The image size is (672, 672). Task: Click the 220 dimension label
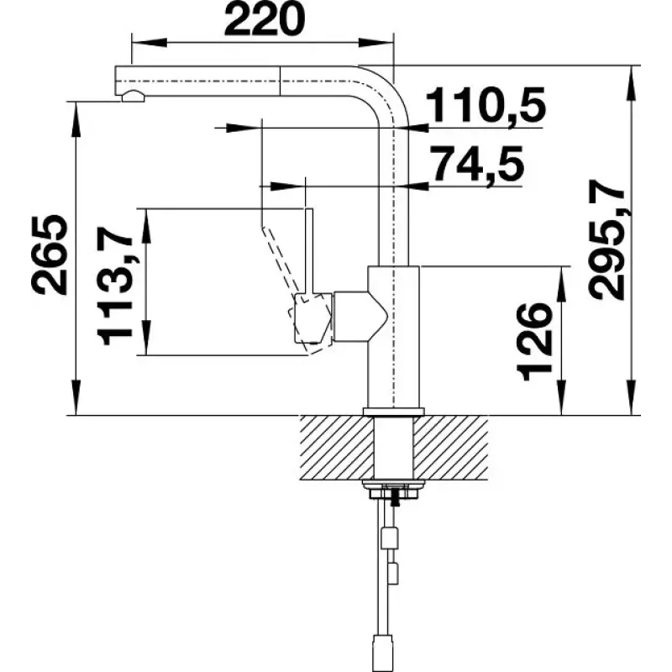(x=264, y=19)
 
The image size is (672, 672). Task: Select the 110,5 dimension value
(x=486, y=105)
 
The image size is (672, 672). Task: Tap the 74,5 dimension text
(x=477, y=163)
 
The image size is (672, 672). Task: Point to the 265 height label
(x=50, y=255)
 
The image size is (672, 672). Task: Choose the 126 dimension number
(x=534, y=342)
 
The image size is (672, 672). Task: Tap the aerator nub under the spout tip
(x=134, y=96)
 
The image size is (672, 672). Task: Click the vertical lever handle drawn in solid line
(x=309, y=251)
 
